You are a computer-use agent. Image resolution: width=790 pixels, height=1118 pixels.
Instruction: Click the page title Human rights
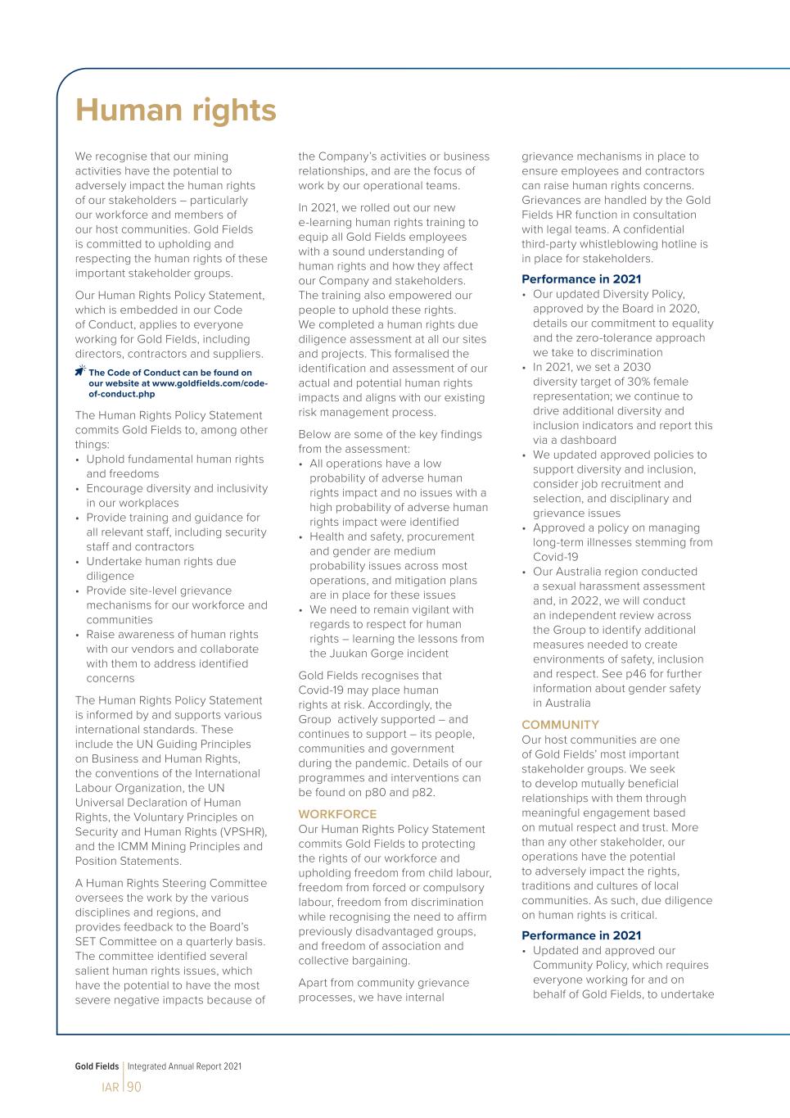point(176,111)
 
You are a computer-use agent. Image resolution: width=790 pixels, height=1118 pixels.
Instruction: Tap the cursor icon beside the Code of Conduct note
point(79,372)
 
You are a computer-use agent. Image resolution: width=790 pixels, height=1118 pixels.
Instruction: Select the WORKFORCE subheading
point(337,814)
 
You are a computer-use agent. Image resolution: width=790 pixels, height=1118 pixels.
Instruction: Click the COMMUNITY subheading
point(560,725)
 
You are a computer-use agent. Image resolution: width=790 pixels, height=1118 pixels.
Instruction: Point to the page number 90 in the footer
point(134,1087)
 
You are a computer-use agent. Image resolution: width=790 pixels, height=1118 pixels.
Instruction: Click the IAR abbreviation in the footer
point(110,1088)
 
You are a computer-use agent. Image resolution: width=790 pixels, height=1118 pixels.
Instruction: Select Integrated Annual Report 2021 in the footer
point(184,1066)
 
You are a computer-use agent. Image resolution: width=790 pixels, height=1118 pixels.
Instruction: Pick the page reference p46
point(638,674)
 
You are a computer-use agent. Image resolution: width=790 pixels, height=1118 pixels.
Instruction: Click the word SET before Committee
point(87,942)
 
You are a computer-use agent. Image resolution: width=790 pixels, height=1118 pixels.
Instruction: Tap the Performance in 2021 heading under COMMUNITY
point(581,935)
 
